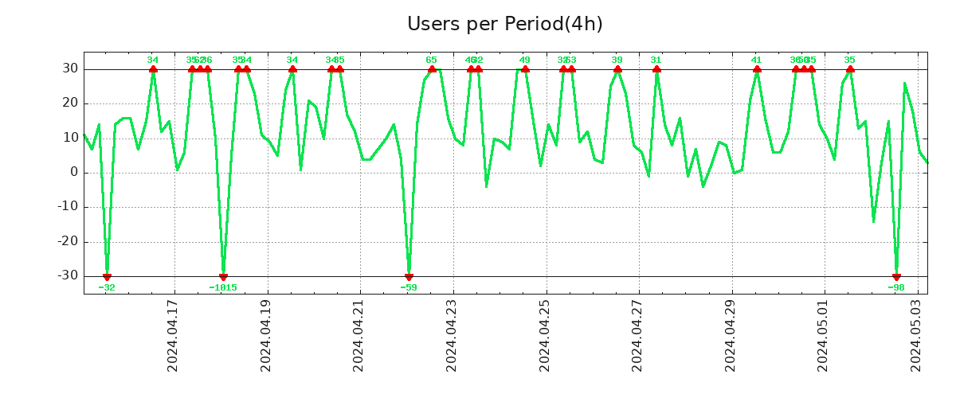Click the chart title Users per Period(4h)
pyautogui.click(x=504, y=25)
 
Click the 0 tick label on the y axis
pyautogui.click(x=74, y=173)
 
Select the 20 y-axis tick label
pyautogui.click(x=69, y=103)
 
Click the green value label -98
pyautogui.click(x=896, y=287)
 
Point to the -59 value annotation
pyautogui.click(x=409, y=287)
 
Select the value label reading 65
pyautogui.click(x=431, y=60)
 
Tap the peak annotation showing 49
pyautogui.click(x=524, y=60)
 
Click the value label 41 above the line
pyautogui.click(x=756, y=60)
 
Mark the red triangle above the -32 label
pyautogui.click(x=107, y=276)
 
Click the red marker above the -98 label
pyautogui.click(x=896, y=276)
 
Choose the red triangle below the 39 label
pyautogui.click(x=617, y=70)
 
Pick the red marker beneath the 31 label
pyautogui.click(x=656, y=70)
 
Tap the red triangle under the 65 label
pyautogui.click(x=432, y=70)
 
